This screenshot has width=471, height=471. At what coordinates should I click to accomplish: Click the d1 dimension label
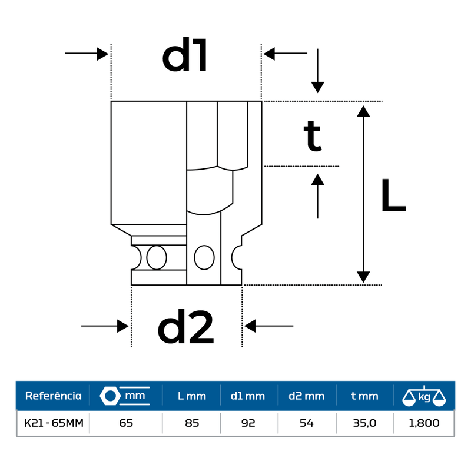click(185, 57)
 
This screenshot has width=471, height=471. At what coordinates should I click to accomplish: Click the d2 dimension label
click(185, 327)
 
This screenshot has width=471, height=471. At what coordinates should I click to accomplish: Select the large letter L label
click(393, 196)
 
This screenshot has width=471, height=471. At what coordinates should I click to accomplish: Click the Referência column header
click(53, 396)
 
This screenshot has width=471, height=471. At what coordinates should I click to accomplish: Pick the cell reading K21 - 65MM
click(53, 423)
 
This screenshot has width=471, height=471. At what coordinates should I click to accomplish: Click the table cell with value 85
click(192, 423)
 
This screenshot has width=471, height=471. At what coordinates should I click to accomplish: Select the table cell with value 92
click(248, 423)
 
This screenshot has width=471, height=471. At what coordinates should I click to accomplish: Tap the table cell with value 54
click(306, 423)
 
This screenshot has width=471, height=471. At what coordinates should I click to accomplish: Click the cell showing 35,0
click(364, 423)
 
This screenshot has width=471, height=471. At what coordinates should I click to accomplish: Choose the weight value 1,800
click(423, 423)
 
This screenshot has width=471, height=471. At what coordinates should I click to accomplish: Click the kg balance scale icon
click(423, 396)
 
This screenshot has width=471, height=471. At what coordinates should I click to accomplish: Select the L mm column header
click(192, 396)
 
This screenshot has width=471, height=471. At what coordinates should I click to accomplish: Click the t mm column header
click(364, 396)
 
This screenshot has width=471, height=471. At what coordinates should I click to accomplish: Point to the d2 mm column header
click(306, 396)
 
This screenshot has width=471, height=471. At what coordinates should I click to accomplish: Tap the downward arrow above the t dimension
click(318, 71)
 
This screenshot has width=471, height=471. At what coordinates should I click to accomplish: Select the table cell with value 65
click(125, 423)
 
